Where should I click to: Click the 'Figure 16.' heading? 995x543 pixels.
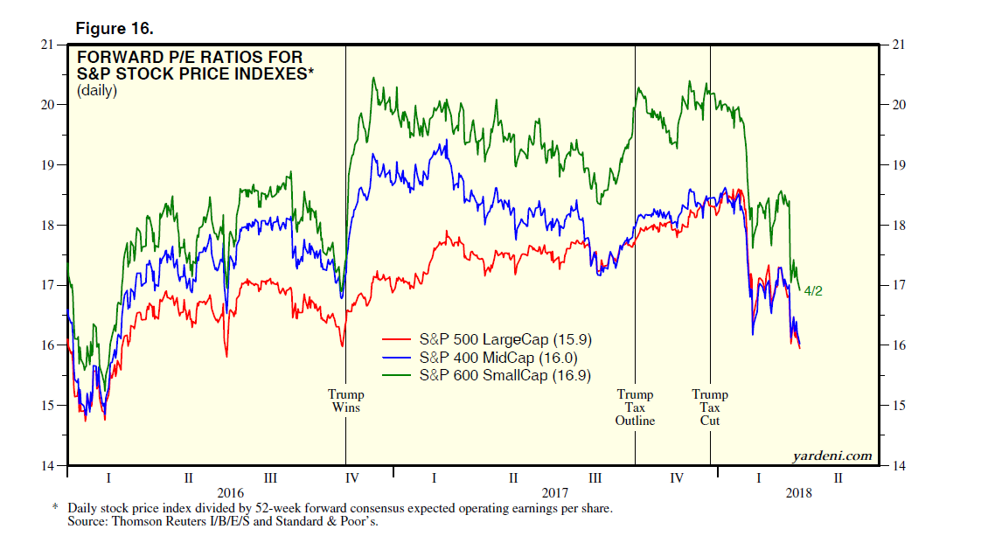click(115, 29)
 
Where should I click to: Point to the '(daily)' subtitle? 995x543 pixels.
click(96, 90)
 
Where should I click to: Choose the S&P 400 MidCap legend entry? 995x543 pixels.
click(485, 358)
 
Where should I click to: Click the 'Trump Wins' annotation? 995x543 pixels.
click(345, 401)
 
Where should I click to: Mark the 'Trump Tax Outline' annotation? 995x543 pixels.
click(635, 407)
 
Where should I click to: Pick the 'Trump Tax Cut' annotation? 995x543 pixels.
click(710, 407)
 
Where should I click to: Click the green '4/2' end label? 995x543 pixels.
click(812, 291)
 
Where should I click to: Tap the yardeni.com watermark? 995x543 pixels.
click(831, 456)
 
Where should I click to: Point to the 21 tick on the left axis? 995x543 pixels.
click(55, 45)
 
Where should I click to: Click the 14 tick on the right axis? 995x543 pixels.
click(900, 465)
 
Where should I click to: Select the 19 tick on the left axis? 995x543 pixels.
click(55, 164)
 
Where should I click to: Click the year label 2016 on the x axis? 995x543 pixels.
click(230, 492)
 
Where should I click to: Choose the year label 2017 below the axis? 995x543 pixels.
click(555, 492)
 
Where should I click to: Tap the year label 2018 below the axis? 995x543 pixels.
click(797, 492)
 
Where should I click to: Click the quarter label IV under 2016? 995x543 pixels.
click(352, 478)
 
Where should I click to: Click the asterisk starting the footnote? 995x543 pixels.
click(56, 508)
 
